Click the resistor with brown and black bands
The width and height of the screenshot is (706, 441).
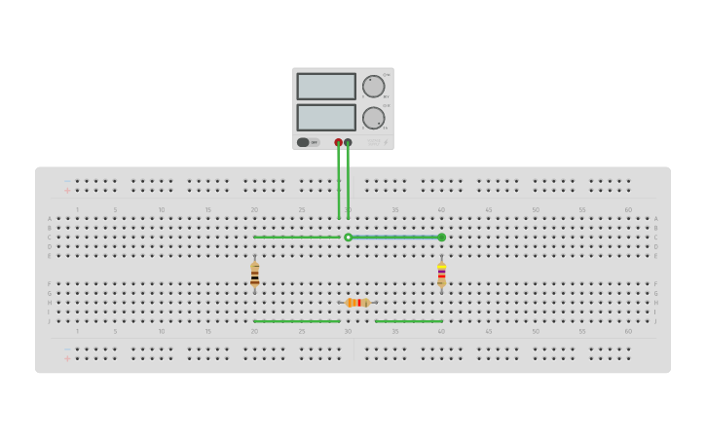point(255,274)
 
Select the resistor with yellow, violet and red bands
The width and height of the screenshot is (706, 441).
point(441,275)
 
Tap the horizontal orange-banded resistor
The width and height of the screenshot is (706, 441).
point(357,303)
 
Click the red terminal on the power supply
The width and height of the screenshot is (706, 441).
point(338,142)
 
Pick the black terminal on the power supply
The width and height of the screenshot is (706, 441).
point(348,142)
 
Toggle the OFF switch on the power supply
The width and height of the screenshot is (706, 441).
point(304,142)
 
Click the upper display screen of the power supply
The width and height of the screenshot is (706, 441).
point(326,87)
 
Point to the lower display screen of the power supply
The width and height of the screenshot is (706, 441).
point(326,118)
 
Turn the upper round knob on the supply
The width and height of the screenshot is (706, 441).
point(373,87)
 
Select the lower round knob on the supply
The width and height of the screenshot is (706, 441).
point(373,118)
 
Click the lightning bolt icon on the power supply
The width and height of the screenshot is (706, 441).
point(385,142)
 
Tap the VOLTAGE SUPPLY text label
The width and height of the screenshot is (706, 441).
point(373,142)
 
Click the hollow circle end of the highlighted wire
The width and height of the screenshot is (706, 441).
point(348,237)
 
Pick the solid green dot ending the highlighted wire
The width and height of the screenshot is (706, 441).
point(441,237)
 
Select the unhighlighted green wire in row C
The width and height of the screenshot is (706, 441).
point(296,237)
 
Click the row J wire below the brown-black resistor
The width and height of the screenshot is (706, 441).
point(296,321)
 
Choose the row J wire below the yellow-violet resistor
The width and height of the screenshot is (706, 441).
point(408,321)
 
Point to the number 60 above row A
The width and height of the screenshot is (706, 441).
point(628,209)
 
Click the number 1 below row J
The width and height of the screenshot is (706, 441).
point(77,331)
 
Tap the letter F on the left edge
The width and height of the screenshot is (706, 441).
point(50,284)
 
